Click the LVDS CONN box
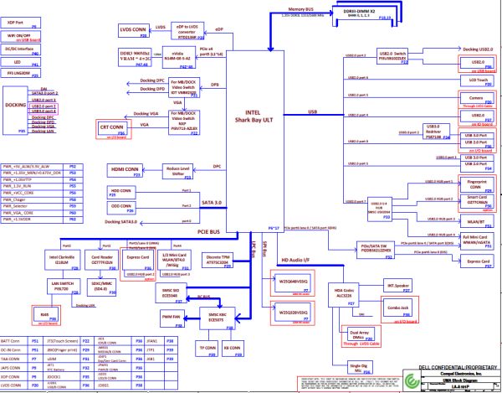point(133,27)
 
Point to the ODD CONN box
point(122,207)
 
